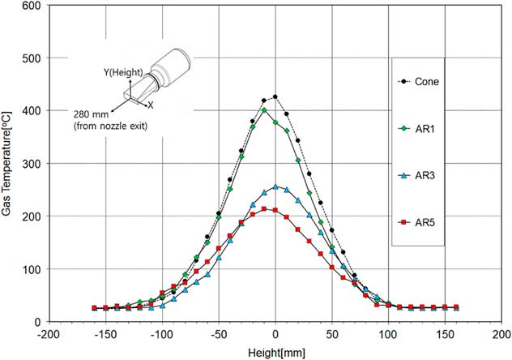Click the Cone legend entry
pyautogui.click(x=425, y=81)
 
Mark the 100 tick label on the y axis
pyautogui.click(x=33, y=269)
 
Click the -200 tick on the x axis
pyautogui.click(x=50, y=333)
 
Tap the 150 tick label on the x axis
pyautogui.click(x=444, y=333)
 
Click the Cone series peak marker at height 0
pyautogui.click(x=275, y=97)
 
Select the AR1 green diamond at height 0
pyautogui.click(x=275, y=122)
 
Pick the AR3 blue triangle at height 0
pyautogui.click(x=275, y=186)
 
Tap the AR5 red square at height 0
pyautogui.click(x=275, y=210)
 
